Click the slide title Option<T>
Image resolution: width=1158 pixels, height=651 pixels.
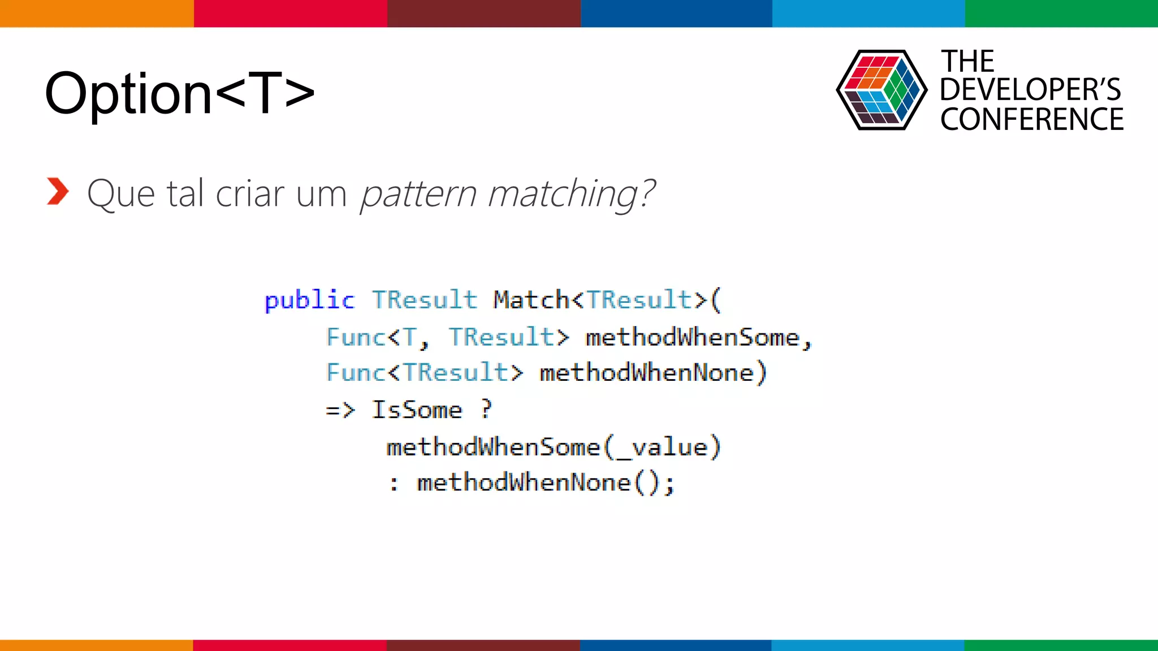180,93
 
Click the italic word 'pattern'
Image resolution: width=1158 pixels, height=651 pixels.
418,194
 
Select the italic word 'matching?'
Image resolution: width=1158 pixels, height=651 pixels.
571,194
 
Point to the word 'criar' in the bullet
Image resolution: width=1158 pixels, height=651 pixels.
250,193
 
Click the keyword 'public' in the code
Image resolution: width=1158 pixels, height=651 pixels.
309,300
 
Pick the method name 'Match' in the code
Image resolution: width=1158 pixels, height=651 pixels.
531,300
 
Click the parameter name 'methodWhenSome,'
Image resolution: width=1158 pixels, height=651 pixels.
698,337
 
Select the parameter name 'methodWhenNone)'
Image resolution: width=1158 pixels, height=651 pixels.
653,373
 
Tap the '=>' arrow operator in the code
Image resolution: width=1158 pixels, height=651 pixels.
340,410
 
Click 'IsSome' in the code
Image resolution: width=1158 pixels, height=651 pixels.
417,410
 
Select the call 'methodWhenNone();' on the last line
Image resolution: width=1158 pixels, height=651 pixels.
546,483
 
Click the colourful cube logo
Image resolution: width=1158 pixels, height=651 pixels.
881,90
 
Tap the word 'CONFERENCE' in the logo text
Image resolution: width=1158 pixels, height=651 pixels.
1032,119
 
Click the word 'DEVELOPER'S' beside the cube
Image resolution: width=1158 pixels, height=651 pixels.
1030,90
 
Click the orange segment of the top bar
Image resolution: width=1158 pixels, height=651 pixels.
97,13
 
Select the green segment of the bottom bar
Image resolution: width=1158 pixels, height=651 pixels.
1061,645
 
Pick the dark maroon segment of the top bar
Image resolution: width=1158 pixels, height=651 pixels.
483,13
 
